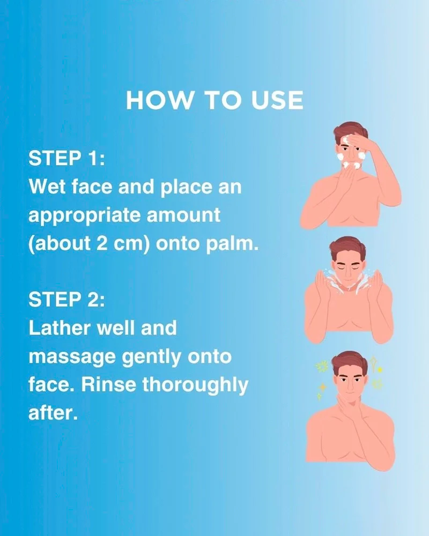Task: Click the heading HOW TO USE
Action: pos(214,101)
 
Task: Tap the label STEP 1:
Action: pos(66,158)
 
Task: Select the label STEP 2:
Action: pos(66,300)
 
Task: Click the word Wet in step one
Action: pos(47,187)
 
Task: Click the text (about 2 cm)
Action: pos(89,244)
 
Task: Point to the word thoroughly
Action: pos(195,385)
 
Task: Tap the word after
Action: pos(53,413)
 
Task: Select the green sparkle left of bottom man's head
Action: pos(322,367)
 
